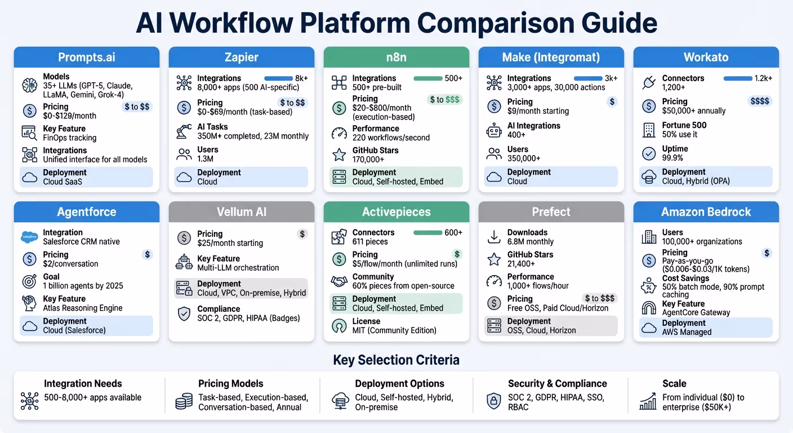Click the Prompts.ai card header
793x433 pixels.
point(87,58)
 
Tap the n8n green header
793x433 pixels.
point(396,58)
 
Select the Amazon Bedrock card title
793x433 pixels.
point(706,212)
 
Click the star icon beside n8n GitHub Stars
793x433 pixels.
point(339,154)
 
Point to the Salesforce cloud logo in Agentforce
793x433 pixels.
point(29,237)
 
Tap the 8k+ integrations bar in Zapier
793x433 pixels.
point(278,78)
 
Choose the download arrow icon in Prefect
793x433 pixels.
point(494,237)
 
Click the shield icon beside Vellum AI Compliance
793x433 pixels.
point(184,313)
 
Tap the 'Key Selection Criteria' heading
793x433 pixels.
point(396,360)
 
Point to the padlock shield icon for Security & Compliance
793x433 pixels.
point(494,401)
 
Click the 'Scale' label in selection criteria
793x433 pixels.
point(674,383)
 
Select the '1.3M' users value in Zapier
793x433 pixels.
point(205,159)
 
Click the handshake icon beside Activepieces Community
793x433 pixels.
point(339,281)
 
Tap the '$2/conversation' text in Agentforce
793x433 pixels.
point(70,264)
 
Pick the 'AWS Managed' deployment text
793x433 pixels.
point(687,332)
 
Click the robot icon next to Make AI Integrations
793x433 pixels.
point(494,131)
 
